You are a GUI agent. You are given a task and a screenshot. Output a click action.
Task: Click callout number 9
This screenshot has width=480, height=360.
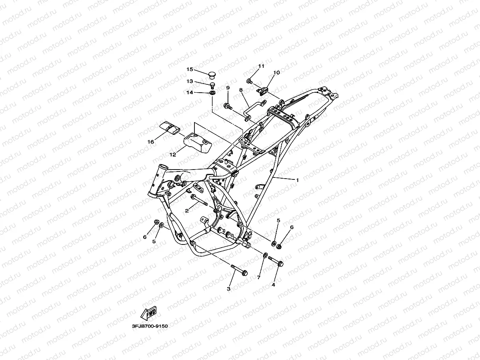click(x=228, y=88)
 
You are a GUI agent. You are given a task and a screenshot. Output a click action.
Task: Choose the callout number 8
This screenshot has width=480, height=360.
click(x=241, y=90)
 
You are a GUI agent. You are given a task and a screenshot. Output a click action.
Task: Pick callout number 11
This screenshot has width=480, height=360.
click(x=261, y=66)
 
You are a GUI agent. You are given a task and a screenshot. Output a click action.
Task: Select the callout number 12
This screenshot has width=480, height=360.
click(x=173, y=155)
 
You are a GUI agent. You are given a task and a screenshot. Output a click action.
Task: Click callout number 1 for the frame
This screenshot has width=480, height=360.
click(x=297, y=180)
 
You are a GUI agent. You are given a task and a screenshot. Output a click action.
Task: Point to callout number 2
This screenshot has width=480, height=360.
click(x=187, y=211)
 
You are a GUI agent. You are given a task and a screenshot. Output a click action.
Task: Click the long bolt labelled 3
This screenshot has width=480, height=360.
click(x=239, y=270)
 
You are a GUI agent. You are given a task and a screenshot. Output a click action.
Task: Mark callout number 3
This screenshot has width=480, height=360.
click(x=228, y=289)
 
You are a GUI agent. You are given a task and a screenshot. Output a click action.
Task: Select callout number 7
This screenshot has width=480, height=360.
click(x=259, y=278)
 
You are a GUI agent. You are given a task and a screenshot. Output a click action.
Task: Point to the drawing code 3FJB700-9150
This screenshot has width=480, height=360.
click(x=150, y=326)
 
